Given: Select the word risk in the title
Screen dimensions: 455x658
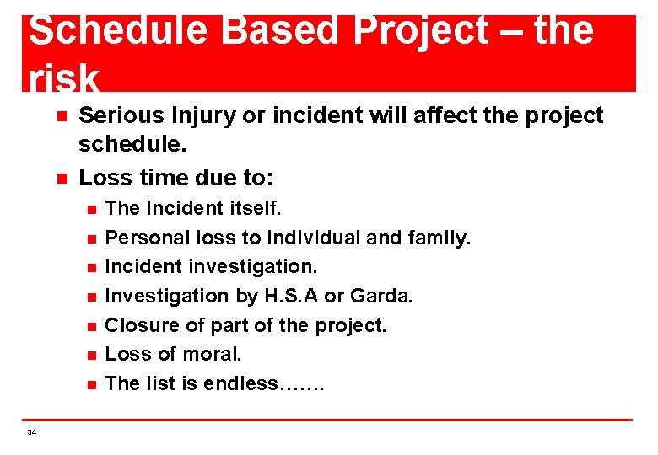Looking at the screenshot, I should point(64,78).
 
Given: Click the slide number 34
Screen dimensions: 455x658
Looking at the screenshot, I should point(32,432).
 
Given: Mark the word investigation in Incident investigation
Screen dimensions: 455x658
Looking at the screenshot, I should point(254,267).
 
